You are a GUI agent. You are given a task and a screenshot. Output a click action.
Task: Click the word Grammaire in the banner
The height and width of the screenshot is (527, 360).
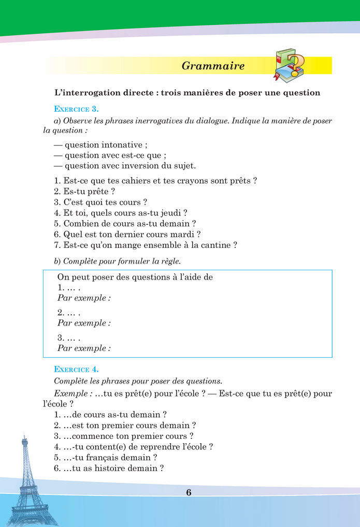[213, 66]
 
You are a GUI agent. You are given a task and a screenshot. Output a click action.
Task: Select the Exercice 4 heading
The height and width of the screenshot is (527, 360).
[76, 369]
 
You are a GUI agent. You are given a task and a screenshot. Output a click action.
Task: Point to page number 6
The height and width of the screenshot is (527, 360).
[189, 492]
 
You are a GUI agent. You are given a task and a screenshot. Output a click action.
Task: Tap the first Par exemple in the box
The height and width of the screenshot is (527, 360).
[84, 298]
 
